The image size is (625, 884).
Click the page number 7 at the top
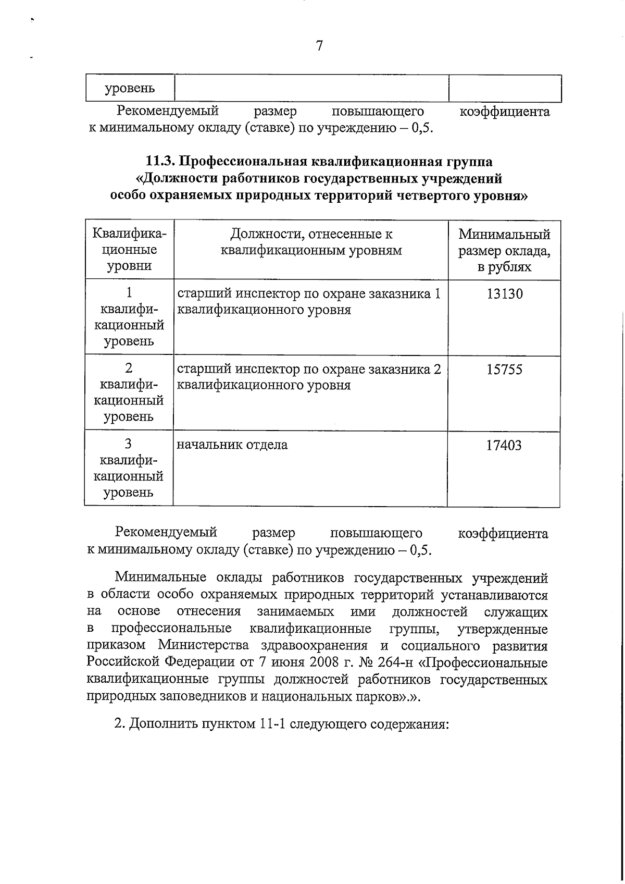319,46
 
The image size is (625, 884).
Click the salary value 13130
504,294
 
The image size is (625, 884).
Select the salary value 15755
504,370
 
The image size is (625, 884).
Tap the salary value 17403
504,446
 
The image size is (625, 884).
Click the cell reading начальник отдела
232,445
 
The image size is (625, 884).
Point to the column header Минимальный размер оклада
504,251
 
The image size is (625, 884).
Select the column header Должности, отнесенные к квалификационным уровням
311,242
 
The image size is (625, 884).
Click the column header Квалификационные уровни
129,250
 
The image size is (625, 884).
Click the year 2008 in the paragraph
326,664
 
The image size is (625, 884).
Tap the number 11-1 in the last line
270,725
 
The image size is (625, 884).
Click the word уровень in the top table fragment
130,89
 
